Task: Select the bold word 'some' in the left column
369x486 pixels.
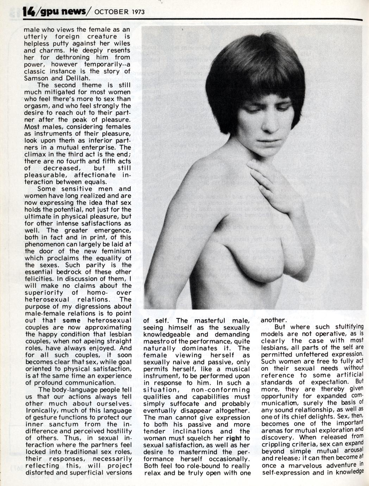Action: tap(71, 320)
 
